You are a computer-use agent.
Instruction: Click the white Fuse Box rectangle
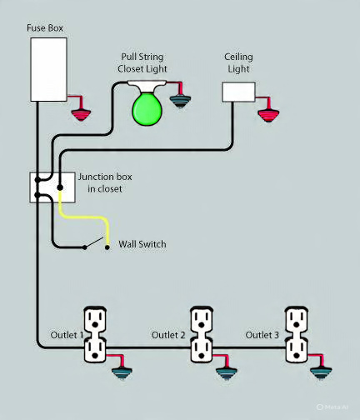point(48,69)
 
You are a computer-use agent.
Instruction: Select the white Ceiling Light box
point(238,92)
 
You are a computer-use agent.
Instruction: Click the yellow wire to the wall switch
point(83,217)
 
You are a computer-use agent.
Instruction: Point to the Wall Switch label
point(142,244)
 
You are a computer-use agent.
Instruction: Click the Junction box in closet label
point(105,182)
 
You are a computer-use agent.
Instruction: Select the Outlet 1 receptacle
point(95,335)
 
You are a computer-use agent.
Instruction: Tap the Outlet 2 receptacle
point(202,335)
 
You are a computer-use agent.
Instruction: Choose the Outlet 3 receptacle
point(297,335)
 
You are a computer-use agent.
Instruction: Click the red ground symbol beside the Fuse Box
point(81,115)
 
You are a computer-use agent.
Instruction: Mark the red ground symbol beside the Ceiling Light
point(268,116)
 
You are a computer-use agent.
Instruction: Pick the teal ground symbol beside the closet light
point(180,101)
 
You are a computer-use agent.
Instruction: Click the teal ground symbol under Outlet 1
point(122,373)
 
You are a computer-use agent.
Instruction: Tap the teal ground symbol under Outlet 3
point(321,372)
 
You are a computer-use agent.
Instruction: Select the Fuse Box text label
point(45,27)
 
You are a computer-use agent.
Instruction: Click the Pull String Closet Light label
point(142,62)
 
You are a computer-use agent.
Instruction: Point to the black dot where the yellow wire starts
point(60,187)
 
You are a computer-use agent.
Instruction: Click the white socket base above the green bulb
point(147,86)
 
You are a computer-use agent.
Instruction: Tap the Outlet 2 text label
point(168,335)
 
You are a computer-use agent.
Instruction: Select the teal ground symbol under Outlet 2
point(227,373)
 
